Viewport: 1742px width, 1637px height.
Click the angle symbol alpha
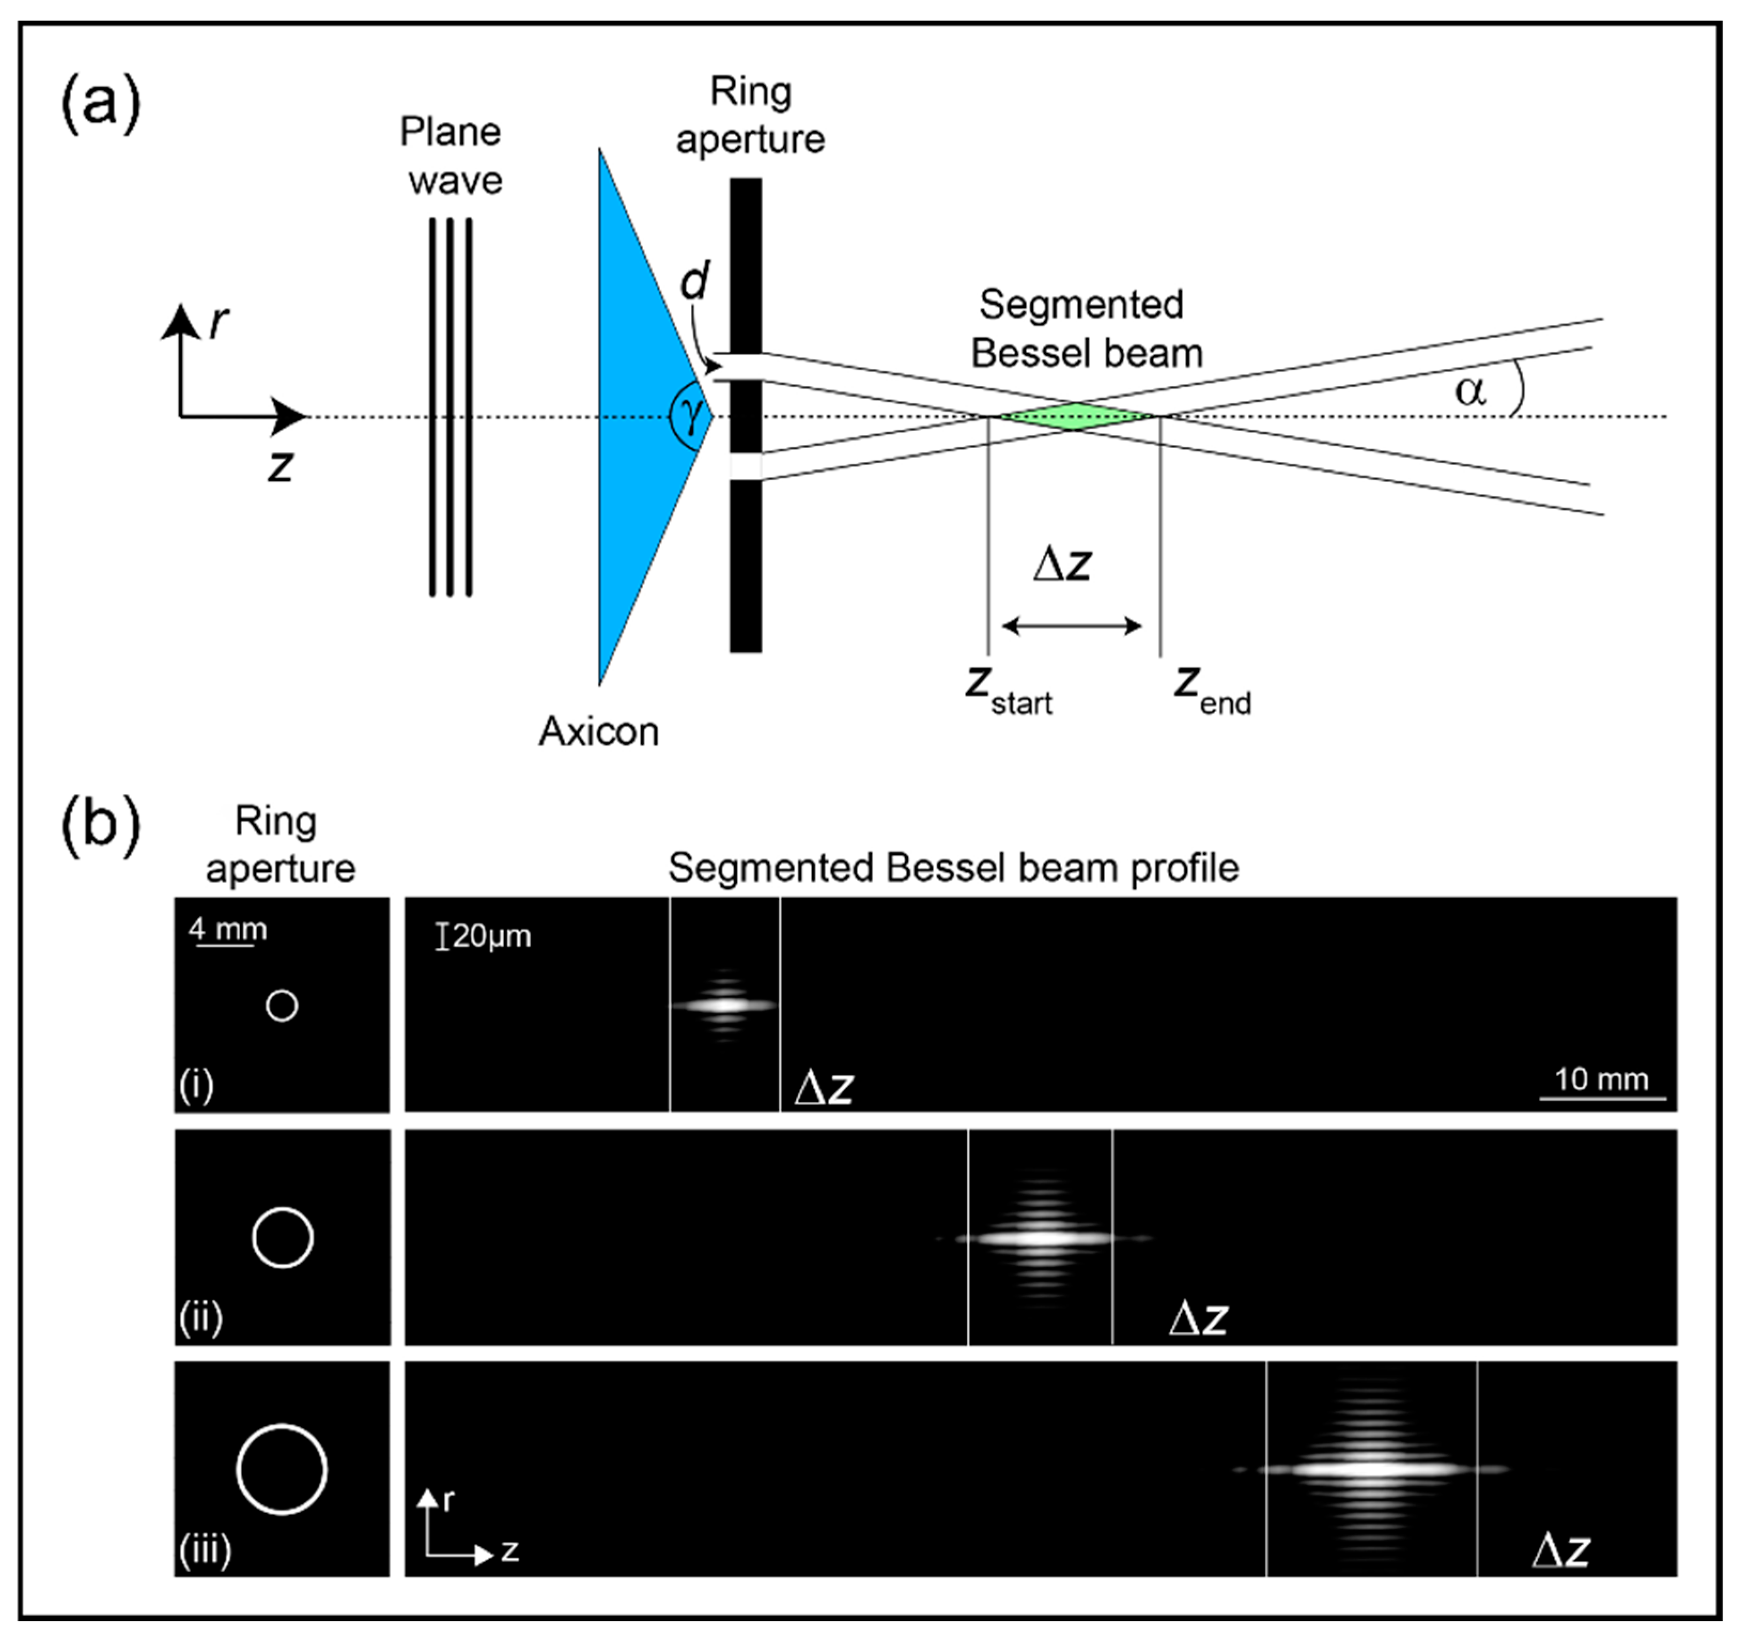[1470, 390]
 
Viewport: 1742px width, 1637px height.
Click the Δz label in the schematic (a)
[1062, 565]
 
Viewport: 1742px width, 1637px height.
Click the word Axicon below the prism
[599, 731]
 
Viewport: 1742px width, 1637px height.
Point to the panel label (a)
[100, 103]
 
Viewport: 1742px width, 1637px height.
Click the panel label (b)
[100, 824]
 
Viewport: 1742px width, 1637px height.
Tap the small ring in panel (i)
[281, 1005]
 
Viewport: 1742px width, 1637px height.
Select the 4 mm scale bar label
[228, 929]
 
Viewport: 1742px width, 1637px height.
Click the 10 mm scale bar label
[1601, 1079]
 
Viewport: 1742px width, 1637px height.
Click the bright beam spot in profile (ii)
[1041, 1238]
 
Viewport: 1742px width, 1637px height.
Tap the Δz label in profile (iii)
[1561, 1551]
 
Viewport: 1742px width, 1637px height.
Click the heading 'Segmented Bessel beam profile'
[954, 868]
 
